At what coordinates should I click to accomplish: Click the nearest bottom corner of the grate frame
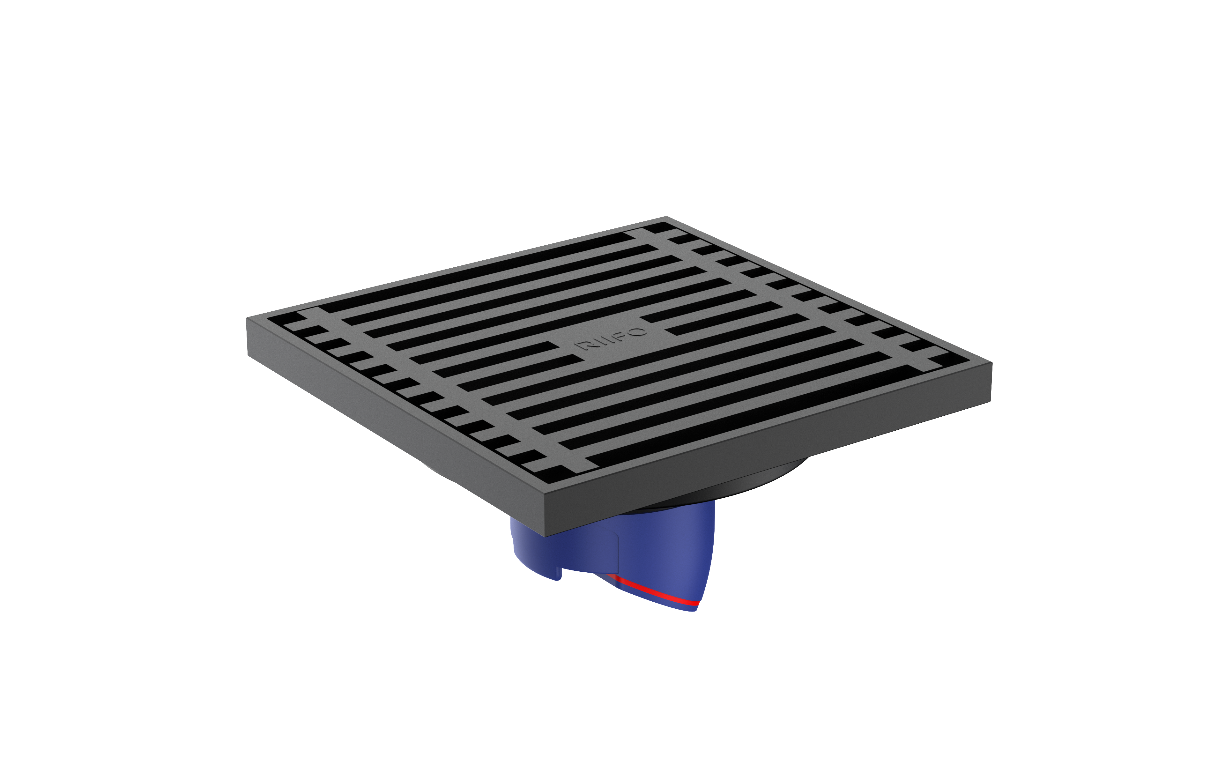pos(545,536)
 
